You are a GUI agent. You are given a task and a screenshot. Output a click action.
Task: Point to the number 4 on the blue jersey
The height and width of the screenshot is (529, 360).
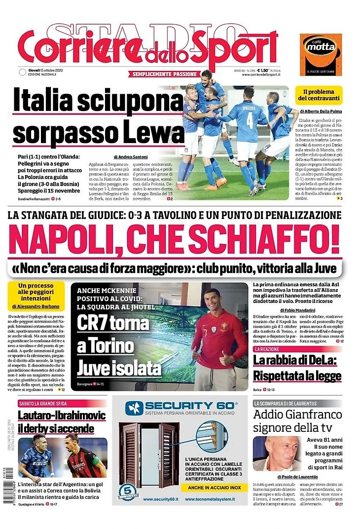250,120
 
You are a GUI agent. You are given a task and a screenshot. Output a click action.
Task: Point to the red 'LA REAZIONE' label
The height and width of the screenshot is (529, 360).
269,349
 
